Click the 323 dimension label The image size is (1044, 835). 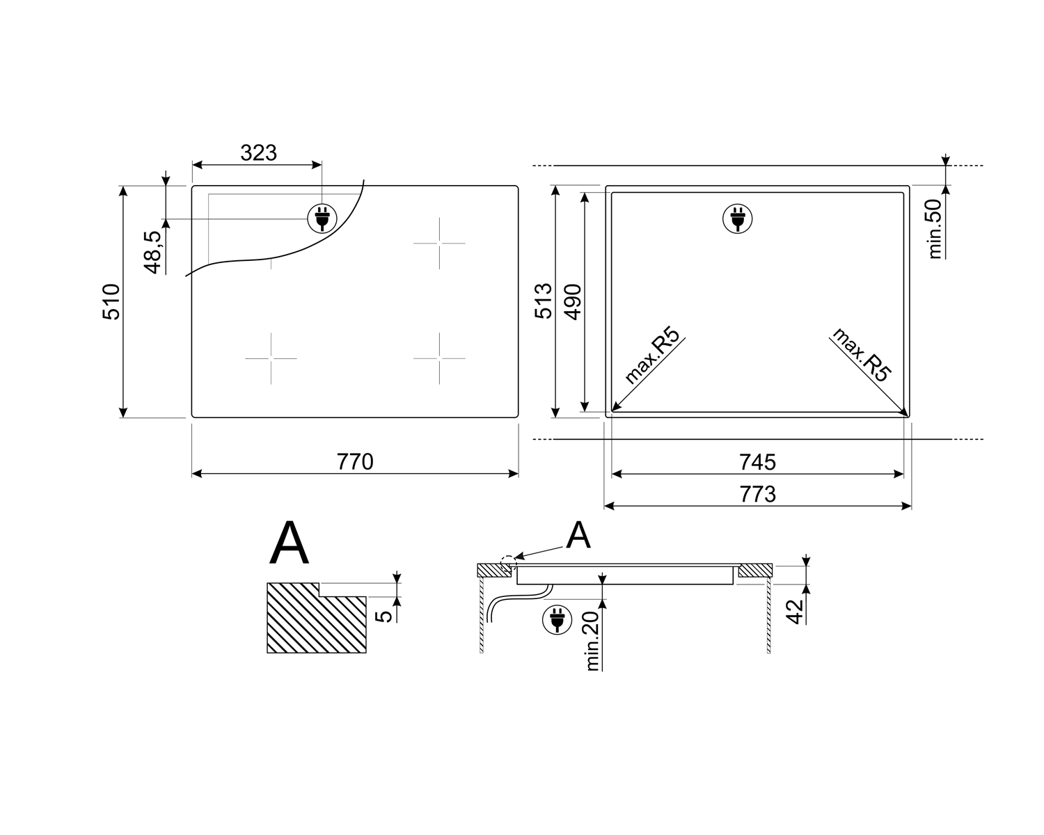point(259,153)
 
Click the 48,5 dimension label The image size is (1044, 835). point(152,253)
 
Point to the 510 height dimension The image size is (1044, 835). point(111,302)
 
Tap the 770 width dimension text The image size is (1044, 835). point(355,462)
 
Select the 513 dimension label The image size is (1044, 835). point(544,301)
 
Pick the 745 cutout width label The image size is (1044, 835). point(758,462)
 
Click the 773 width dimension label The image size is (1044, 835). point(758,495)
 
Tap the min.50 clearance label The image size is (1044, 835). point(934,228)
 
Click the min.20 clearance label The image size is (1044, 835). point(592,642)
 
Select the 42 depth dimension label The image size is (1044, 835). point(795,612)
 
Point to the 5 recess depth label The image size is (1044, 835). point(383,617)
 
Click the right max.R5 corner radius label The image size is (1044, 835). point(862,355)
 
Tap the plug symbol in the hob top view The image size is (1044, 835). point(322,218)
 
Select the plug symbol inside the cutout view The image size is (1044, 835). point(737,218)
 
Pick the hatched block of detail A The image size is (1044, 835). point(316,618)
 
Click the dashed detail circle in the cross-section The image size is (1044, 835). point(508,563)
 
